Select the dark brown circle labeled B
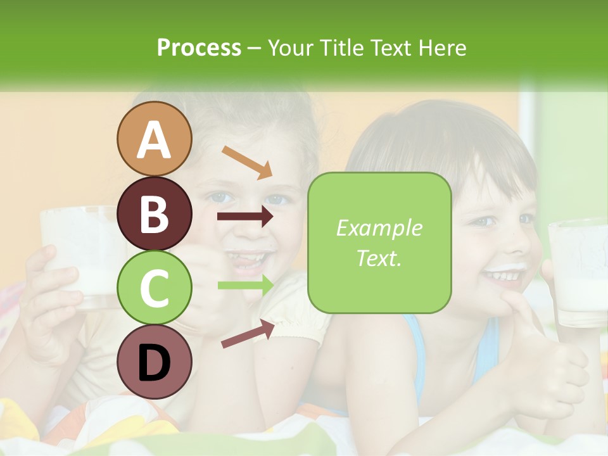pos(155,213)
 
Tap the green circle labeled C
pos(155,288)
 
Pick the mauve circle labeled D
pos(155,362)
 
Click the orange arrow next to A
pos(246,162)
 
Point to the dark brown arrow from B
pos(245,217)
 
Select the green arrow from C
pos(246,285)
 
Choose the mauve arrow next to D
pos(248,334)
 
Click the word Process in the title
pos(199,47)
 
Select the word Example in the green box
pos(379,228)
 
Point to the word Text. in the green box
pos(379,258)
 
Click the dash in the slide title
pos(255,48)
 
